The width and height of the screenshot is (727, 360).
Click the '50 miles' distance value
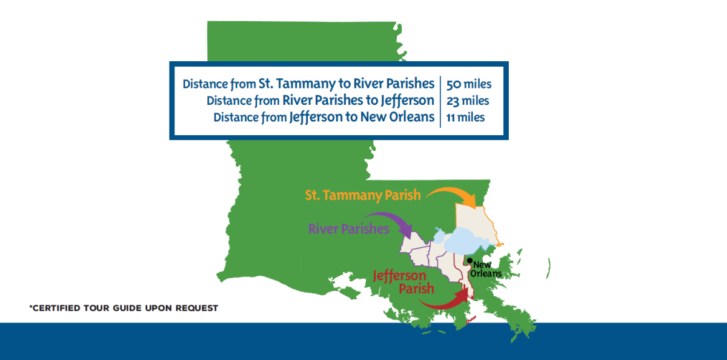pyautogui.click(x=468, y=83)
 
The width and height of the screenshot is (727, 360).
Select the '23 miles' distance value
pyautogui.click(x=468, y=100)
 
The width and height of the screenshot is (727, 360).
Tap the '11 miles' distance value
pyautogui.click(x=465, y=117)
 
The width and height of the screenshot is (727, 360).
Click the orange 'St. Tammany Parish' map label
pyautogui.click(x=363, y=196)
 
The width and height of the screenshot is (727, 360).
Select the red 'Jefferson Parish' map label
pyautogui.click(x=400, y=282)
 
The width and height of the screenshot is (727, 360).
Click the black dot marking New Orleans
pyautogui.click(x=470, y=261)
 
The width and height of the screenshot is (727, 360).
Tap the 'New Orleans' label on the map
pyautogui.click(x=487, y=270)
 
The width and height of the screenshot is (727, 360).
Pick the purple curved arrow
pyautogui.click(x=391, y=221)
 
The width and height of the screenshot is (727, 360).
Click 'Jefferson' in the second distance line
pyautogui.click(x=408, y=100)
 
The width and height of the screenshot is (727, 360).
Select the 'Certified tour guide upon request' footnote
pyautogui.click(x=124, y=308)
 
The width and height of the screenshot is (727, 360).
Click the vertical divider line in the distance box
pyautogui.click(x=440, y=100)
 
